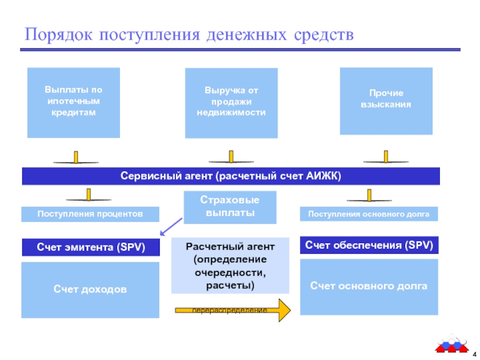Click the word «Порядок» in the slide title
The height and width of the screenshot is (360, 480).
click(x=58, y=35)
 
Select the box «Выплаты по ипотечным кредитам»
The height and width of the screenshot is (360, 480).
click(x=73, y=103)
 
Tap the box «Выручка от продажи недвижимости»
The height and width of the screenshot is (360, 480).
click(x=232, y=103)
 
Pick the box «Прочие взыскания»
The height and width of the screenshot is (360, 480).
click(x=386, y=101)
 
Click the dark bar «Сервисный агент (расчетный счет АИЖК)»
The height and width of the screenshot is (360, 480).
click(x=231, y=176)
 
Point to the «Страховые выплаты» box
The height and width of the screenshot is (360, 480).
click(x=230, y=207)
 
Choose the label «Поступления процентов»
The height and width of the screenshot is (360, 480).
click(x=91, y=214)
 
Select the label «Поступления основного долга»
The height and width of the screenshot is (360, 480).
click(x=369, y=214)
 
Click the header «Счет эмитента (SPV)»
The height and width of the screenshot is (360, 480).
click(x=91, y=247)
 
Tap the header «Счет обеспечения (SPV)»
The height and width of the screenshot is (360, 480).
click(x=369, y=245)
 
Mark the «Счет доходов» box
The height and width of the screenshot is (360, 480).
click(x=91, y=290)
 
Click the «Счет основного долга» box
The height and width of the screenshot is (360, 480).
click(x=369, y=287)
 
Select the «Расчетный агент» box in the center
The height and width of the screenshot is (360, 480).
click(x=230, y=266)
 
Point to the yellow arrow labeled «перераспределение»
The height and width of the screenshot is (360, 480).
click(x=233, y=310)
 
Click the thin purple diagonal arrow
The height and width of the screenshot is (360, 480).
click(x=171, y=227)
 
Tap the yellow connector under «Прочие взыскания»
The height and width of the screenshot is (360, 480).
click(x=386, y=157)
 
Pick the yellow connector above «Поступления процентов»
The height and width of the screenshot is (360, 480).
click(x=88, y=194)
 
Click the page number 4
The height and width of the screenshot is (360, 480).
click(x=475, y=354)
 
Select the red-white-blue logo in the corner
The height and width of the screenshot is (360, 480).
click(x=452, y=343)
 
